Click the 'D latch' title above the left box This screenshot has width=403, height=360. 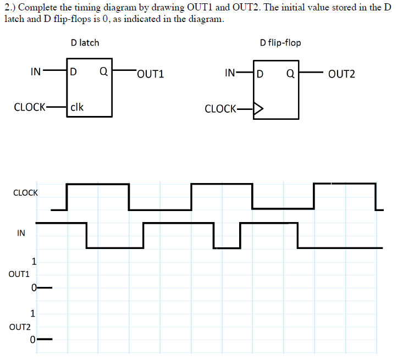click(85, 42)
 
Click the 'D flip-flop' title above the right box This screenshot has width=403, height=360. click(280, 42)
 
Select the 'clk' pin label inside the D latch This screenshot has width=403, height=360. click(78, 107)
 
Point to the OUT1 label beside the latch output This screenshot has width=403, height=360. click(151, 74)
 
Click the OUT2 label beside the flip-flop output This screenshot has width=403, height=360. click(341, 74)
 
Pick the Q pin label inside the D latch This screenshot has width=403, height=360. click(103, 72)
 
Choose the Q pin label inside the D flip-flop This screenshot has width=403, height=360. click(290, 73)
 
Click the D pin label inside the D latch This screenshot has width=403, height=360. click(74, 72)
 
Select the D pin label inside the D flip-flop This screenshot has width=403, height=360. click(261, 73)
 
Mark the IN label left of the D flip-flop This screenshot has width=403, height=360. click(231, 73)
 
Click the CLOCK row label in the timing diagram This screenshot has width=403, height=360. click(25, 193)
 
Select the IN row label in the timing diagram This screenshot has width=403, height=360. click(21, 232)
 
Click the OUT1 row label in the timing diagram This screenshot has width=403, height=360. click(19, 273)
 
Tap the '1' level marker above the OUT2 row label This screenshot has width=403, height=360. click(34, 314)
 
